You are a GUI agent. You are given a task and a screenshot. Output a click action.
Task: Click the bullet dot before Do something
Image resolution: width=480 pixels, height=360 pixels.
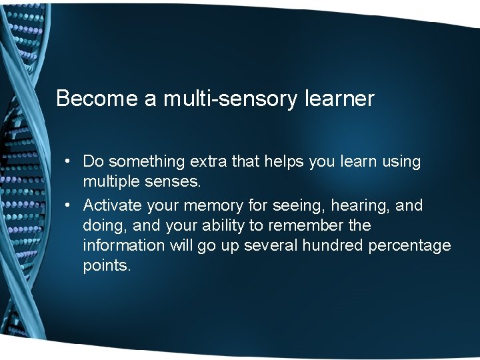pos(68,162)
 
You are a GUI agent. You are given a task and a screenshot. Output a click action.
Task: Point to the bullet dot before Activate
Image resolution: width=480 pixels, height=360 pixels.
pos(68,205)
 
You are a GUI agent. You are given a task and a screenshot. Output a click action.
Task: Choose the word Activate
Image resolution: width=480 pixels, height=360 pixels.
pos(111,205)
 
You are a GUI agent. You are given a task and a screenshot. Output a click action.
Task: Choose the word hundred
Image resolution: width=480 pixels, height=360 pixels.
pos(331,245)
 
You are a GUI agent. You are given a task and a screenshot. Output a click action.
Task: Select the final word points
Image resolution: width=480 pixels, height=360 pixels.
pos(107,265)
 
